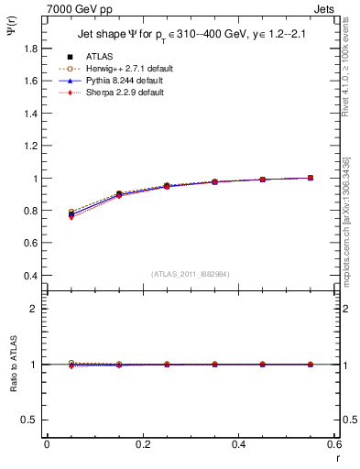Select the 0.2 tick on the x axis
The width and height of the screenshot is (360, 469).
tap(142, 443)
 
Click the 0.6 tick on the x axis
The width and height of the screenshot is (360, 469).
tap(333, 443)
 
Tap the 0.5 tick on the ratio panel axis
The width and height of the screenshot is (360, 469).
tap(31, 420)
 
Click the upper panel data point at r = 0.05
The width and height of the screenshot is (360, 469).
tap(71, 214)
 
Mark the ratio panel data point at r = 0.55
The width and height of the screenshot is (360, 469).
tap(310, 365)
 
